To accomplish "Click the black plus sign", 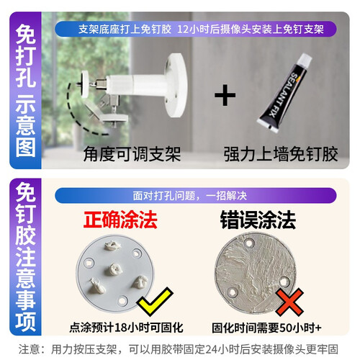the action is tap(225, 95).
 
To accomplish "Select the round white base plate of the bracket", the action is tap(176, 85).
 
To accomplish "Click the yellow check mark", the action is tap(155, 301).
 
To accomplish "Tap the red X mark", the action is tap(289, 302).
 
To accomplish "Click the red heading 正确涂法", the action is tap(120, 220).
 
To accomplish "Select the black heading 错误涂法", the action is tap(258, 220).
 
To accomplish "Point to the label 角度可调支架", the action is tap(132, 154).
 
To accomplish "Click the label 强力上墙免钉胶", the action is tap(281, 154).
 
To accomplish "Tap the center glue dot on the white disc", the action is tap(114, 269).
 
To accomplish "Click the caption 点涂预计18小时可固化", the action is tap(127, 328).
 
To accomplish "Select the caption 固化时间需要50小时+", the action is tap(266, 328).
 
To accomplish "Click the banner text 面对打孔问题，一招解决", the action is tap(190, 196).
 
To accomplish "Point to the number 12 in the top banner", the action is tap(183, 30).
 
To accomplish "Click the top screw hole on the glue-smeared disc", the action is tap(250, 243).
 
